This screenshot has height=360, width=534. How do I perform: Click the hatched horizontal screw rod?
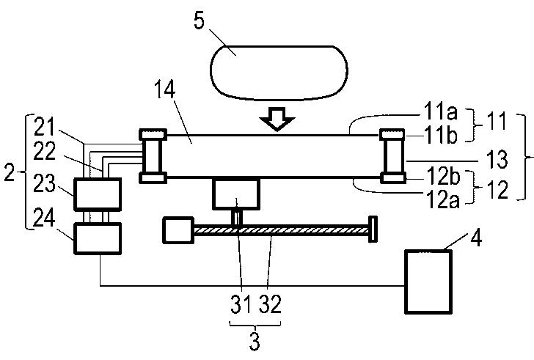tap(282, 230)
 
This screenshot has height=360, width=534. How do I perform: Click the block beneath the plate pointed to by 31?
tap(236, 194)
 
